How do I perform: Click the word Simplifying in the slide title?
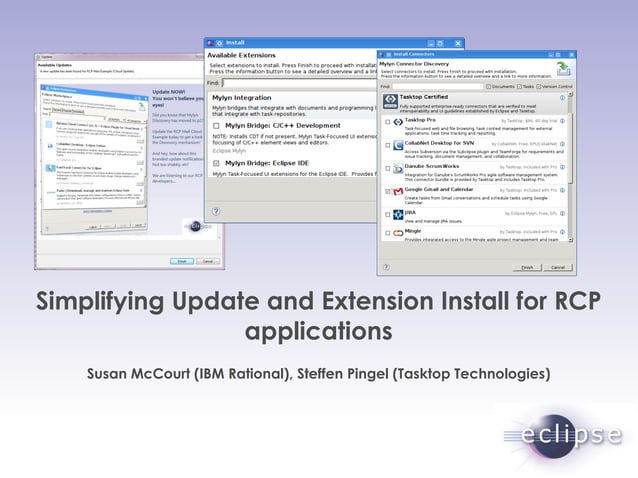coord(95,302)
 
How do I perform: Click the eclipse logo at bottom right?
coord(564,434)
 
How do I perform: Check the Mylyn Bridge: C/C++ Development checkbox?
coord(216,127)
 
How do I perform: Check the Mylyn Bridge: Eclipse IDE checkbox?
coord(216,162)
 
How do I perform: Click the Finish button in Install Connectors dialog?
coord(525,267)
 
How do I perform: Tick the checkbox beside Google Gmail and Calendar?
coord(388,189)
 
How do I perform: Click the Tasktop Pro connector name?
coord(421,120)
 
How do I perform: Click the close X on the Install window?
coord(457,43)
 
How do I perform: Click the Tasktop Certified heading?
coord(428,98)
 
